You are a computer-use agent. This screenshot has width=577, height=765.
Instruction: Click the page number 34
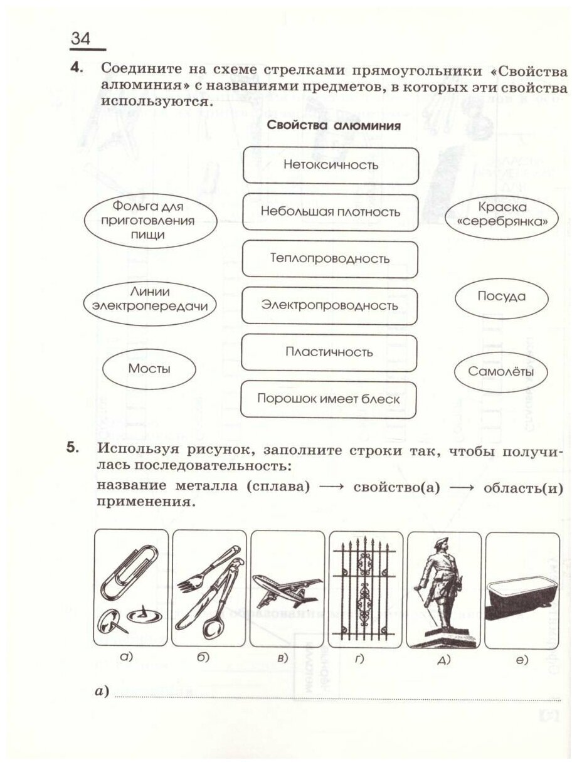pyautogui.click(x=81, y=38)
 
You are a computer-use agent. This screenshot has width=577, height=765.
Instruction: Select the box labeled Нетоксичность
pyautogui.click(x=331, y=166)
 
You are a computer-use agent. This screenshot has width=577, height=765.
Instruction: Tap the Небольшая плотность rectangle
pyautogui.click(x=331, y=212)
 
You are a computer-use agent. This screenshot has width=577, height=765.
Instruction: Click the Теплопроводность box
pyautogui.click(x=330, y=258)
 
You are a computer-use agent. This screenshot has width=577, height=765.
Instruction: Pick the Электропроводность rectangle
pyautogui.click(x=330, y=305)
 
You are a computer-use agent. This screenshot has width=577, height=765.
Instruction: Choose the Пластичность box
pyautogui.click(x=329, y=352)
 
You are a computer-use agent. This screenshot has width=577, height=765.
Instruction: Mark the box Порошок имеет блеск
pyautogui.click(x=329, y=399)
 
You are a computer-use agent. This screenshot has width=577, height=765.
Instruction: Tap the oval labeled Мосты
pyautogui.click(x=149, y=369)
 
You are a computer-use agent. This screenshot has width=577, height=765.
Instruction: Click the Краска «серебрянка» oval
pyautogui.click(x=502, y=214)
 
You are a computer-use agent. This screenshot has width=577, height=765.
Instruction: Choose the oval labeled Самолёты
pyautogui.click(x=501, y=372)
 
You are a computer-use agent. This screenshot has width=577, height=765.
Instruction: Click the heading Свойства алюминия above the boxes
pyautogui.click(x=334, y=125)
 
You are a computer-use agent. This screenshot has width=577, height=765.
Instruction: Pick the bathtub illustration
pyautogui.click(x=522, y=592)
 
